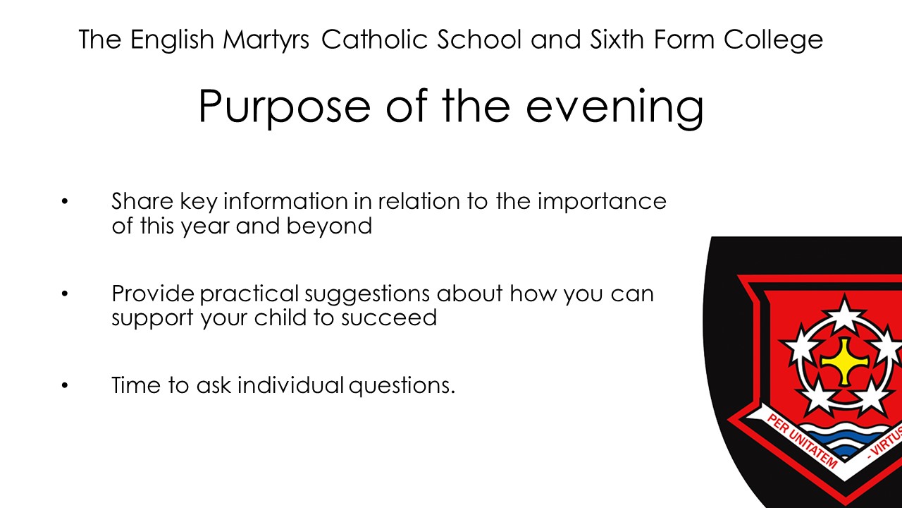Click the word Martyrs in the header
[x=266, y=40]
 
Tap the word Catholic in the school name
[x=374, y=39]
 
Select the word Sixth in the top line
[x=617, y=39]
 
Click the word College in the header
[x=773, y=40]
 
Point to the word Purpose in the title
[x=284, y=107]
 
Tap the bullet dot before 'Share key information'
[x=65, y=201]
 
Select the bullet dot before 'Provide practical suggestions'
[x=65, y=294]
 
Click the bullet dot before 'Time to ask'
[x=65, y=385]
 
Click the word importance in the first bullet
[x=602, y=202]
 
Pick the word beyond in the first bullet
[x=329, y=226]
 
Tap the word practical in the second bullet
[x=249, y=294]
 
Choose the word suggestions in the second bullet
[x=367, y=294]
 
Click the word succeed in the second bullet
[x=389, y=317]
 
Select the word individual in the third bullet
[x=290, y=385]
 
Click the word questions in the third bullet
[x=402, y=386]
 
